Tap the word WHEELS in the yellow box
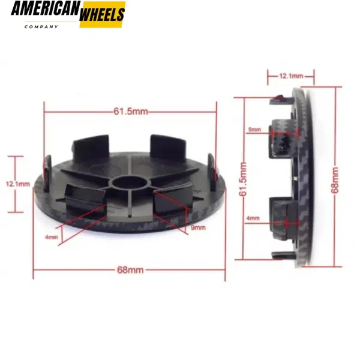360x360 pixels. pos(102,13)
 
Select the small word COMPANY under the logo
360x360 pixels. pos(41,26)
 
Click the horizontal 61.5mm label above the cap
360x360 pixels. pos(130,111)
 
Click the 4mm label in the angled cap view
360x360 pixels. pos(52,237)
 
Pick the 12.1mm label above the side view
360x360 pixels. pos(291,76)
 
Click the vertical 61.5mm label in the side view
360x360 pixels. pos(243,178)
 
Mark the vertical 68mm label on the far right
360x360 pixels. pos(334,179)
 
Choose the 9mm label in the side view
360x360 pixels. pos(254,129)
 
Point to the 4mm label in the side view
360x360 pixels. pos(253,219)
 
